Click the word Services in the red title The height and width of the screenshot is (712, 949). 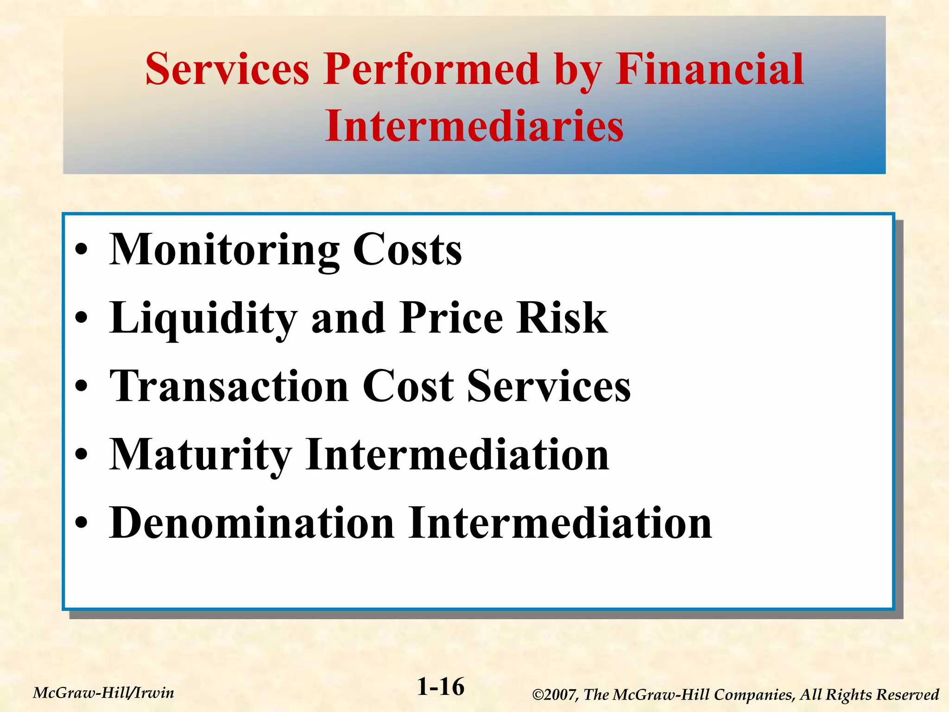227,70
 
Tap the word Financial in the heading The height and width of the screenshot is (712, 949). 709,70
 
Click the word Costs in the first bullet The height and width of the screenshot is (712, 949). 407,250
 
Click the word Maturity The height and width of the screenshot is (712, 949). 200,455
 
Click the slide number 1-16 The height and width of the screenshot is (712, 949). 440,687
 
